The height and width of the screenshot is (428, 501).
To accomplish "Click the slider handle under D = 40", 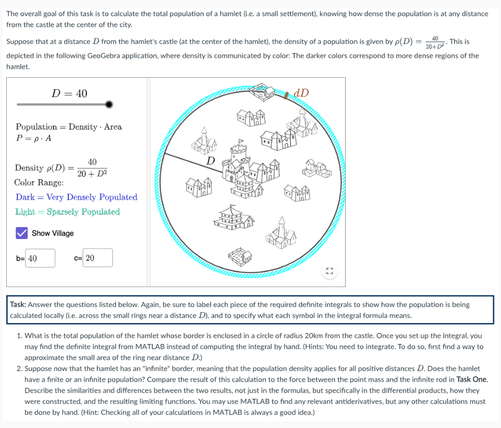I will point(108,104).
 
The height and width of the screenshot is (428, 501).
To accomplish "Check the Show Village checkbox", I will point(21,233).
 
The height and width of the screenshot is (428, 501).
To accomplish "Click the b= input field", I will point(40,258).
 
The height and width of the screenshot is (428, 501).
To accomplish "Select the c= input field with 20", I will point(97,258).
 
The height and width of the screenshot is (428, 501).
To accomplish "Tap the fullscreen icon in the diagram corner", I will point(329,271).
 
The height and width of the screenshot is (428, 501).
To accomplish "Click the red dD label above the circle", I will point(301,93).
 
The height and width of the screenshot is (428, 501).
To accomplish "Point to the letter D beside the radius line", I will point(211,160).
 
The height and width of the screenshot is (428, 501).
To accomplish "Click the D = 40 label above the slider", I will point(69,93).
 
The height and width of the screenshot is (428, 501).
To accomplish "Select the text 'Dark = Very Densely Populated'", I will point(76,197).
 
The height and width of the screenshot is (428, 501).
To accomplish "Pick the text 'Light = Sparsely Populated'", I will point(68,211).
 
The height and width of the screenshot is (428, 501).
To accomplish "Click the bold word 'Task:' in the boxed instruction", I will point(18,304).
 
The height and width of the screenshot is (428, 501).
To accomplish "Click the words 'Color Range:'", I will point(39,183).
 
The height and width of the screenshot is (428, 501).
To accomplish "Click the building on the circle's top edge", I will point(263,91).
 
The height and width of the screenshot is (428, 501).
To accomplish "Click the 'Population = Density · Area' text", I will point(69,127).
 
